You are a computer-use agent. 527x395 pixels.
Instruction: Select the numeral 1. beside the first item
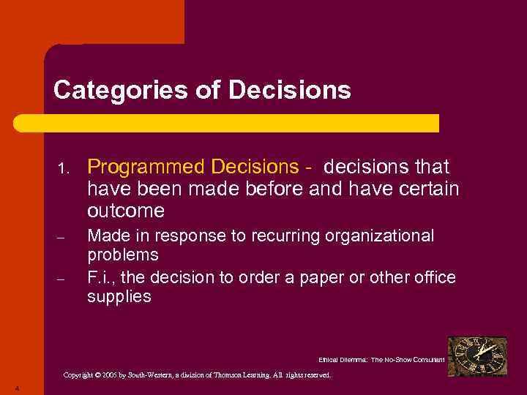click(x=63, y=170)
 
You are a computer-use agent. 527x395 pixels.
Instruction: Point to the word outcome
click(x=126, y=211)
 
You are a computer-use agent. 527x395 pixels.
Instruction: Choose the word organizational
click(x=383, y=236)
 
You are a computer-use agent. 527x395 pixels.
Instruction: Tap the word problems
click(x=123, y=255)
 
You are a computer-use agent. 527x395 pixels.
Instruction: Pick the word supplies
click(x=119, y=296)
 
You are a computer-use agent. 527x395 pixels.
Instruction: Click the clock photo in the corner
click(x=477, y=356)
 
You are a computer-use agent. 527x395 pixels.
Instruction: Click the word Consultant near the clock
click(x=425, y=360)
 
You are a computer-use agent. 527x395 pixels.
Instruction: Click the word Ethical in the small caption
click(x=331, y=360)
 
